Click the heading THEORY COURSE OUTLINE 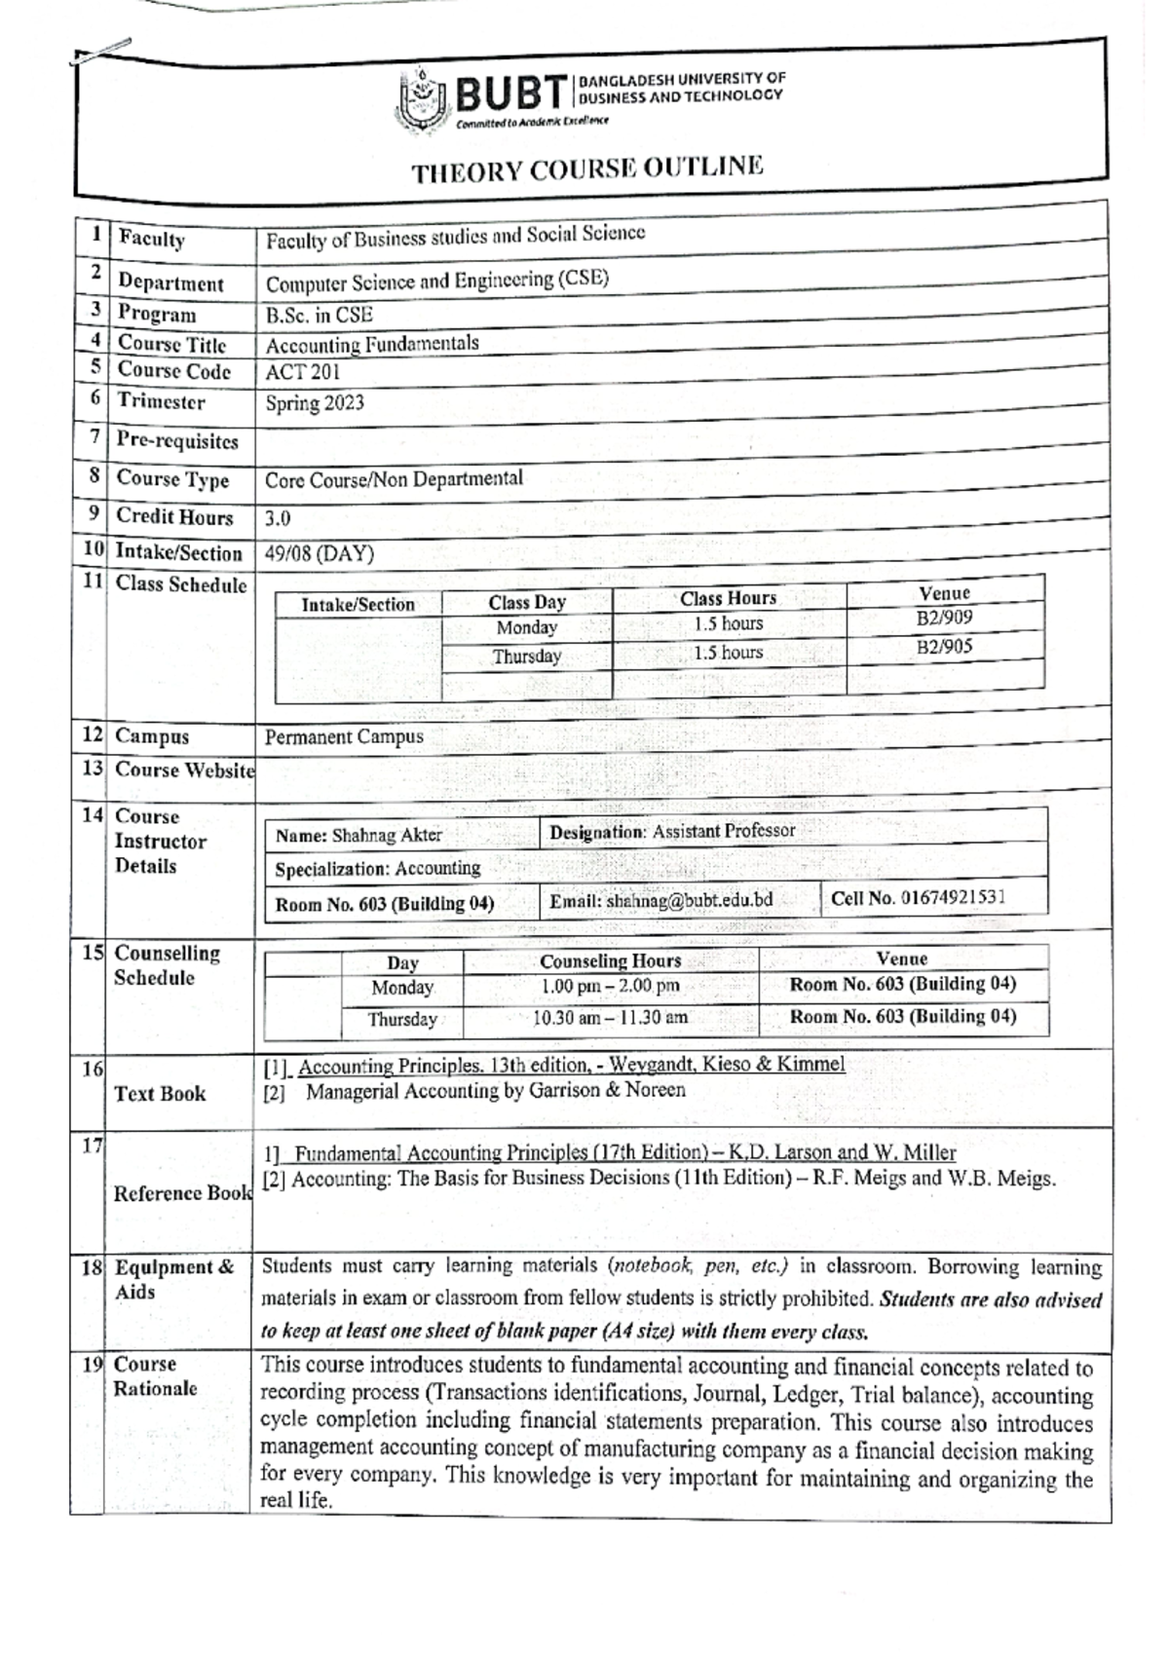(x=586, y=169)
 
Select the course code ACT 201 (x=303, y=372)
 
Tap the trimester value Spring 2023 (x=315, y=402)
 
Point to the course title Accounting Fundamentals (x=372, y=344)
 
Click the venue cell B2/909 (x=944, y=618)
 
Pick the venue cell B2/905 (x=944, y=647)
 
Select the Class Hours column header (x=728, y=598)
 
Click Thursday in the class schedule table (x=526, y=657)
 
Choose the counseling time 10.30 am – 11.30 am (x=610, y=1018)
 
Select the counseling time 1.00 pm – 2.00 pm (x=610, y=986)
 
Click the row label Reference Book (x=182, y=1193)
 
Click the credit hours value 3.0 (x=278, y=518)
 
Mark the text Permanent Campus (x=344, y=736)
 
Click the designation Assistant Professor (x=724, y=831)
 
